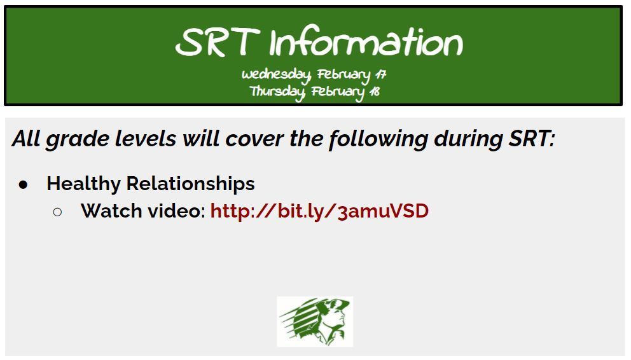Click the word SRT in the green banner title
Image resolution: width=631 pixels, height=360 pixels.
click(x=218, y=42)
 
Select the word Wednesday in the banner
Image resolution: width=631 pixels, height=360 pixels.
click(x=276, y=75)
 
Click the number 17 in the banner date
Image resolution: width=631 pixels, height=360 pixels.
click(x=380, y=74)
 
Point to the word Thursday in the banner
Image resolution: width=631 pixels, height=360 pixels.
click(x=277, y=92)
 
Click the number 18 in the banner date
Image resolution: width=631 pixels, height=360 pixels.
click(x=375, y=92)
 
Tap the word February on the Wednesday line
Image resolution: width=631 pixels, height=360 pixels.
click(x=343, y=75)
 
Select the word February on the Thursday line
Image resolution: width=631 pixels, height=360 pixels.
click(x=338, y=92)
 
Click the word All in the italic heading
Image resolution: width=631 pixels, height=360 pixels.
click(x=27, y=139)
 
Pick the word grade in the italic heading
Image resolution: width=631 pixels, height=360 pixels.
click(x=78, y=140)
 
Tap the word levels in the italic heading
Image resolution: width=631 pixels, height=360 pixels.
click(x=146, y=139)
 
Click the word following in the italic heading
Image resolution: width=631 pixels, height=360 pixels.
click(x=378, y=139)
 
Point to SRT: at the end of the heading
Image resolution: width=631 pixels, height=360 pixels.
click(x=532, y=139)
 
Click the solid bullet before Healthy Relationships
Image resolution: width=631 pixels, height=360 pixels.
click(x=24, y=184)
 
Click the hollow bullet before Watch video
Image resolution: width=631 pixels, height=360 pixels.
click(x=57, y=212)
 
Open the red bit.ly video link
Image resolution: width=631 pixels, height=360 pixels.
click(x=319, y=211)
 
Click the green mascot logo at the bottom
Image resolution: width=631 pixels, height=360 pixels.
click(x=315, y=321)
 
